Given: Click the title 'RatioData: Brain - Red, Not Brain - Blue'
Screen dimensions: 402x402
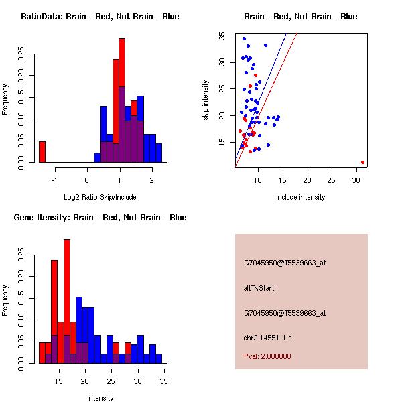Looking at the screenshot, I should [100, 16].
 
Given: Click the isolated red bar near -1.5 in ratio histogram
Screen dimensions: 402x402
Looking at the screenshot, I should [42, 152].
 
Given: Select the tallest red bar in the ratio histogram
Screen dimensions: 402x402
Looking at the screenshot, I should [122, 100].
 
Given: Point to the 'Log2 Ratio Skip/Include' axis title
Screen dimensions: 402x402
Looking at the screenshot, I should [100, 197].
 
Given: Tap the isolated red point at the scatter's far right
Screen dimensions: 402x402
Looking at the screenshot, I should [362, 162].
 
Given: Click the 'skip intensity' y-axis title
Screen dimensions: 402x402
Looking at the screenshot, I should [206, 100].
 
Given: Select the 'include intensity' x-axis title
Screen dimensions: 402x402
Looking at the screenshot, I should [301, 197].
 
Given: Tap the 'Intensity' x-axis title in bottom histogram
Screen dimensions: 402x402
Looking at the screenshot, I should [100, 398].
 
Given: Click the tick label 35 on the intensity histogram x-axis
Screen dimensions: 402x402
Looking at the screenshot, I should [164, 381].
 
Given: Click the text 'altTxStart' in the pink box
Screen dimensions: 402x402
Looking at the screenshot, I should [259, 288].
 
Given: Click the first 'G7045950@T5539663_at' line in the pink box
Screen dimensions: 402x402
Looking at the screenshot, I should [285, 263].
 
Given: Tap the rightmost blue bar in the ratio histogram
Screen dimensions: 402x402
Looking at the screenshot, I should [159, 153].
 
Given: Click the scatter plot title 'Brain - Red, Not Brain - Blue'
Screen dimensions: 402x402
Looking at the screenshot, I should [301, 16].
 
